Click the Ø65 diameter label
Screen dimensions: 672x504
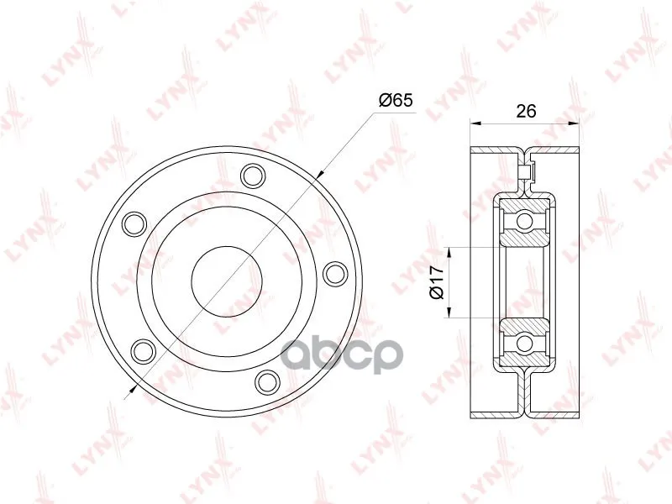396,100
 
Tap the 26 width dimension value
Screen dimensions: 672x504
526,111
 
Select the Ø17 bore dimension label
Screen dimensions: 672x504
435,282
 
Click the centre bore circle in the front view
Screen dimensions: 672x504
227,281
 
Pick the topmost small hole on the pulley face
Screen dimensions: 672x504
254,176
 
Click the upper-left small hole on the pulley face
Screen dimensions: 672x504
134,223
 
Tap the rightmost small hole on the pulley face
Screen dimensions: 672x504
335,274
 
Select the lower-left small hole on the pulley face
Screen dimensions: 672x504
142,350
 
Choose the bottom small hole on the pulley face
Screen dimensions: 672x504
266,382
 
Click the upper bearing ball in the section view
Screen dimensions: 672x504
524,221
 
